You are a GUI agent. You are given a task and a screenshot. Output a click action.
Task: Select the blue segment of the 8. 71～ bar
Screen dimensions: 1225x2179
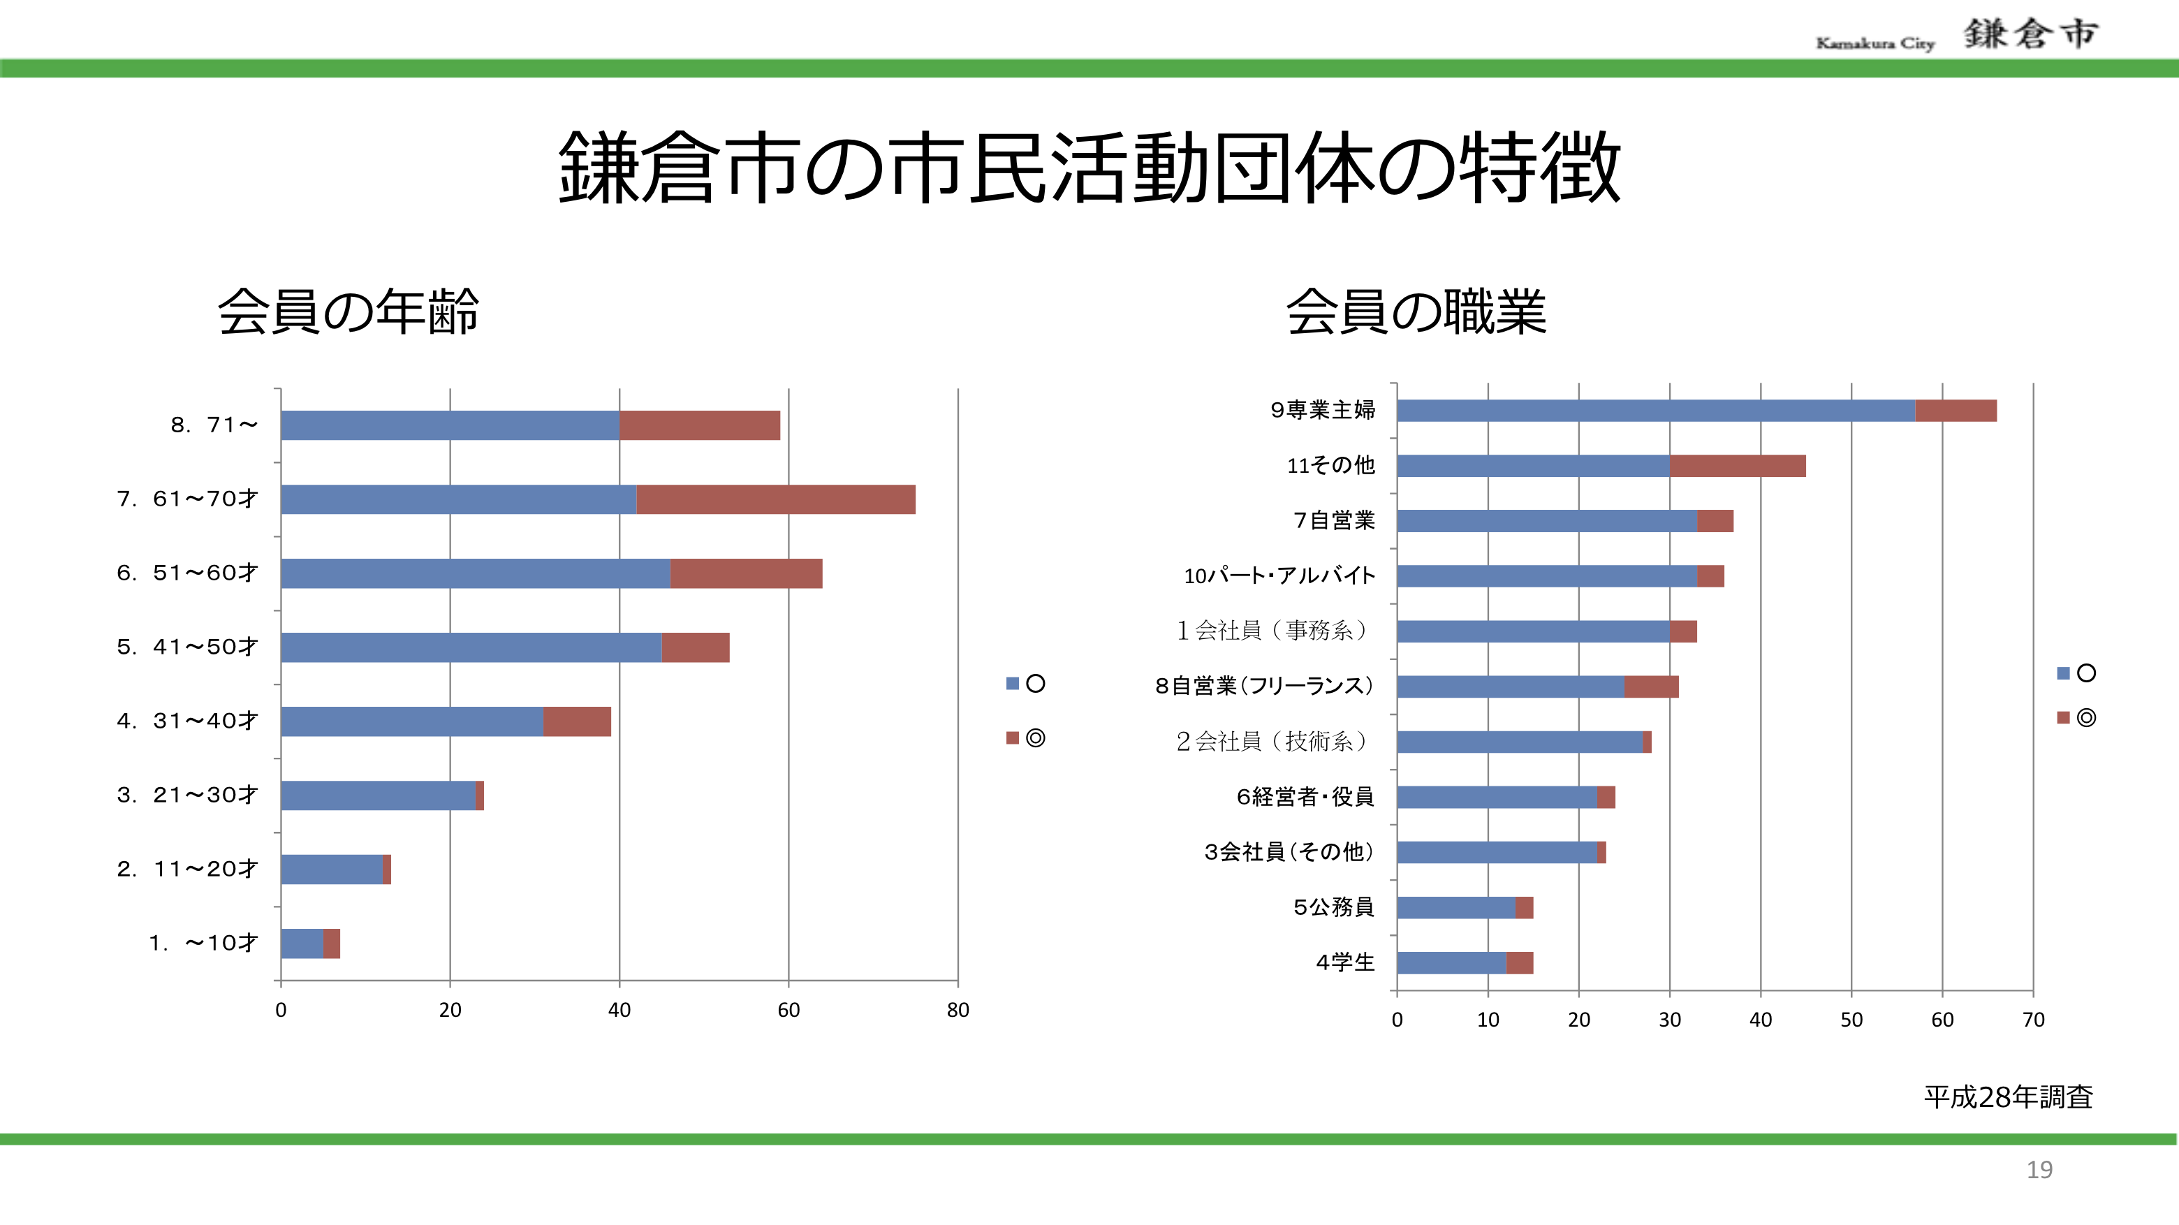coord(449,425)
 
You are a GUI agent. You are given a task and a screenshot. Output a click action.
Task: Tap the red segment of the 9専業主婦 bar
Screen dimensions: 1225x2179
coord(1955,410)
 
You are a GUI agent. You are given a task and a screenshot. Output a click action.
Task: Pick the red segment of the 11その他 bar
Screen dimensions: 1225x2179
coord(1737,465)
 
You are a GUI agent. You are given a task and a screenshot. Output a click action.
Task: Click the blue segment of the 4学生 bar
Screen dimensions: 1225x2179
coord(1451,962)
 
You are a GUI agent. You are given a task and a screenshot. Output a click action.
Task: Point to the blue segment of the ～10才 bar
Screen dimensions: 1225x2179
coord(301,944)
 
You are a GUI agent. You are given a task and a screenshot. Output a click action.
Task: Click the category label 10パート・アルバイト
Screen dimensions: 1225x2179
coord(1279,576)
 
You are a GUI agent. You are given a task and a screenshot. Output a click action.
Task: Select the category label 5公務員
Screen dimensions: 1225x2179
coord(1333,907)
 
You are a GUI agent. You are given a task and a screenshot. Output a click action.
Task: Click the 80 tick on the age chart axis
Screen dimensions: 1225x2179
coord(958,1010)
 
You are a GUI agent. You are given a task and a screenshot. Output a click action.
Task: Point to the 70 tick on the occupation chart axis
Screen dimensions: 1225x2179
coord(2032,1020)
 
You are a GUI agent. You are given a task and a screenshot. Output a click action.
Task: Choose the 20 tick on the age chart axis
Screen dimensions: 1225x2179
coord(450,1010)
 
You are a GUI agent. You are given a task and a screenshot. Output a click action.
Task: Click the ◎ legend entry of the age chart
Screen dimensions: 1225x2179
coord(1025,738)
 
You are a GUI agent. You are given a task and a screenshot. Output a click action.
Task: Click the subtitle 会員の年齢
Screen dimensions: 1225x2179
coord(349,311)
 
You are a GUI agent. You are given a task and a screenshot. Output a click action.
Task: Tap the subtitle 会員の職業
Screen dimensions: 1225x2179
coord(1416,311)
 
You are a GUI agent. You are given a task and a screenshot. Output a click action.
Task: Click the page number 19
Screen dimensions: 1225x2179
coord(2039,1169)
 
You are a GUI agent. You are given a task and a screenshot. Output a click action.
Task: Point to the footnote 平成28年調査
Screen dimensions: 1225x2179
coord(2007,1097)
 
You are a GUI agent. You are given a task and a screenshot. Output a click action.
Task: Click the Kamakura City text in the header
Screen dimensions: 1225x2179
coord(1874,43)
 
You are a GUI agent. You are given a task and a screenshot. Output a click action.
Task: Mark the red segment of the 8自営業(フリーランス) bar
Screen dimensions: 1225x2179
coord(1650,686)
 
